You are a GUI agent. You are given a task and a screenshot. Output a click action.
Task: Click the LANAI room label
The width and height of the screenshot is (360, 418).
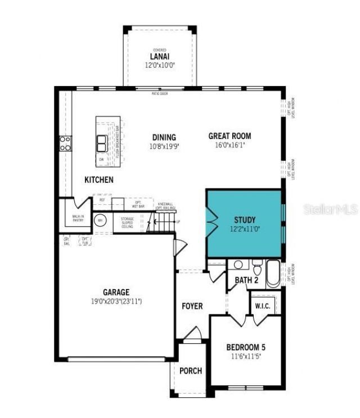coord(160,57)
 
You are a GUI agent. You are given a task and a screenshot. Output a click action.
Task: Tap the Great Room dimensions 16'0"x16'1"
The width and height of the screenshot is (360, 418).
coord(229,145)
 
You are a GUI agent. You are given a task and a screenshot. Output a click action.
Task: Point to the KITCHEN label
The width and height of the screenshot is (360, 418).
coord(99,180)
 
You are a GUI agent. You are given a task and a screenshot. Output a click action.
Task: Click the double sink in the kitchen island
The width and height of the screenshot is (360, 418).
coord(102,143)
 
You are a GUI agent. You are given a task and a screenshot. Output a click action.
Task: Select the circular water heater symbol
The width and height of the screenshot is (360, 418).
coord(100,221)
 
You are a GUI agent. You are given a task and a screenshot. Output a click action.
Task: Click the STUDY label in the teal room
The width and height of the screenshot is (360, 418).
coord(245,219)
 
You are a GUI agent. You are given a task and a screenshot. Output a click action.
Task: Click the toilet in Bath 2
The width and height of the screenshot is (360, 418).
coord(257,264)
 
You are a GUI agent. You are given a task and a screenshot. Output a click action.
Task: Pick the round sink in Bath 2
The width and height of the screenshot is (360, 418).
coord(238,264)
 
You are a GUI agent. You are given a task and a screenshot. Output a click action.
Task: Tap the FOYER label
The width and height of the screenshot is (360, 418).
coord(192,306)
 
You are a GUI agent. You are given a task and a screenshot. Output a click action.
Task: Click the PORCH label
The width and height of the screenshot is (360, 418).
coord(191,371)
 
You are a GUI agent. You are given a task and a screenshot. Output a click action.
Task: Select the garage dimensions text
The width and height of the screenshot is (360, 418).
coord(116,302)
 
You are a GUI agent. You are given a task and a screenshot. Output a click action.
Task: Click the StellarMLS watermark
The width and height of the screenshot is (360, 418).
coord(331,209)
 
